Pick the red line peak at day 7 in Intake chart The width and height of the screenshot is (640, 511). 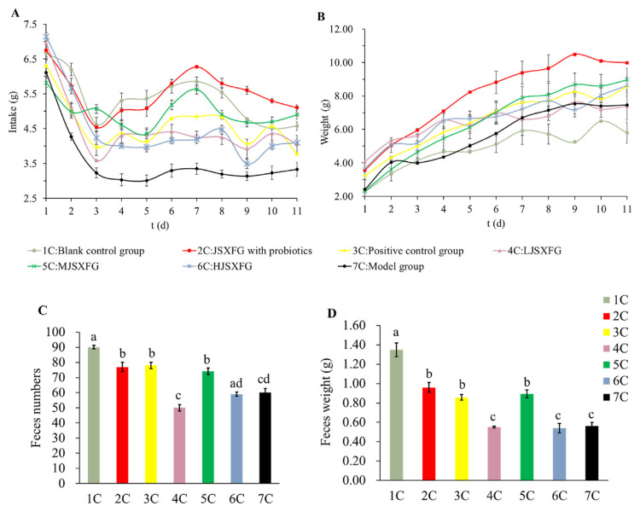tap(197, 67)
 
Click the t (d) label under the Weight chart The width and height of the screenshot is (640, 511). tap(472, 224)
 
